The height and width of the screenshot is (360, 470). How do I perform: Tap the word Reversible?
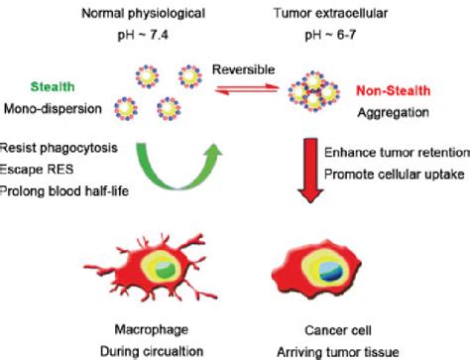tap(241, 70)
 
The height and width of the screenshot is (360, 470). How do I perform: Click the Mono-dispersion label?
tap(57, 107)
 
